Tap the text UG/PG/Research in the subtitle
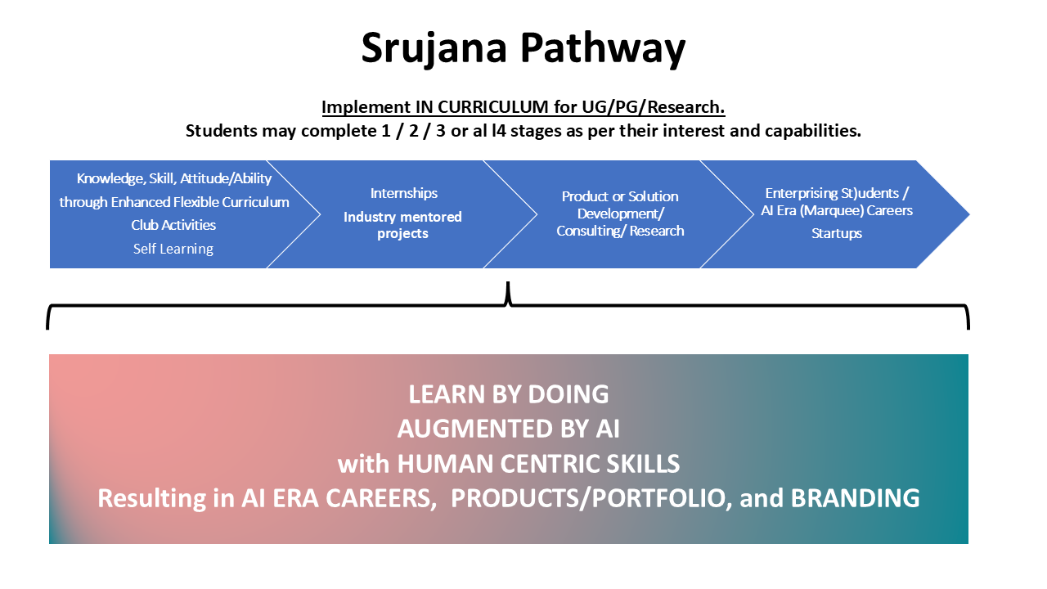653,107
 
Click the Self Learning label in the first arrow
173,249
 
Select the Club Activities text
173,225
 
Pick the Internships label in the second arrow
404,193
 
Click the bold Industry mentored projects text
402,225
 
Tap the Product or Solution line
620,196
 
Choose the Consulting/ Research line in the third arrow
620,231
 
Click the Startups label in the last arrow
837,233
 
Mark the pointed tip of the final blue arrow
969,214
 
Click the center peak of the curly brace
508,283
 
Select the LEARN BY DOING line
509,394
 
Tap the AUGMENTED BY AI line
509,429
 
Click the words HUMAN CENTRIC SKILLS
538,464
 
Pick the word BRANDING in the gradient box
856,498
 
